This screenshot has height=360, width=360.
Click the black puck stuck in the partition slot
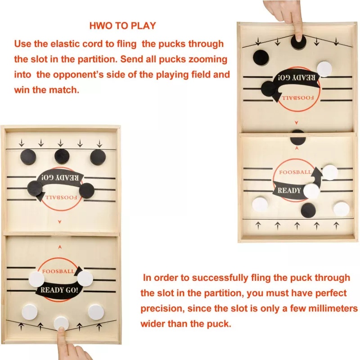[x=298, y=137]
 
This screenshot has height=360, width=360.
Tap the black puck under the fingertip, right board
[x=298, y=42]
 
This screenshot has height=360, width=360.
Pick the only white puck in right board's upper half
[x=324, y=68]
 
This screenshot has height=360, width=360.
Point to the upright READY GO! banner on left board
[x=59, y=290]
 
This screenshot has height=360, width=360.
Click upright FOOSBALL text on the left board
[x=58, y=271]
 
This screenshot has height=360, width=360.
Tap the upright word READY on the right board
[x=289, y=190]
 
